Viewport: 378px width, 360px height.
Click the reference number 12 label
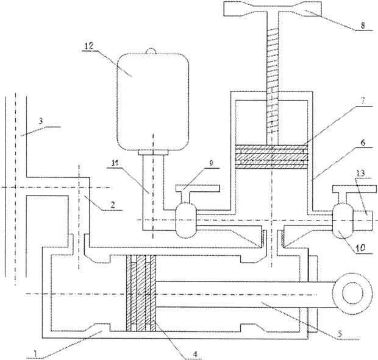(89, 46)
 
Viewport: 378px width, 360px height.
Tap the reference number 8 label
(363, 26)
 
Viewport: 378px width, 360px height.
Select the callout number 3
(41, 121)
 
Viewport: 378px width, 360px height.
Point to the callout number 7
(363, 101)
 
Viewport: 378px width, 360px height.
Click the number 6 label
(363, 143)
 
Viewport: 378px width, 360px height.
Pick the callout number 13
(361, 173)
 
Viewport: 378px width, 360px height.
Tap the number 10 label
(361, 247)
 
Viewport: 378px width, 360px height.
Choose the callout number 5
(340, 334)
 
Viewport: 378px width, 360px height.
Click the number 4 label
(195, 354)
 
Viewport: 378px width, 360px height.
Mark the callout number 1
(36, 353)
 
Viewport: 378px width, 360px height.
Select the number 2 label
(112, 205)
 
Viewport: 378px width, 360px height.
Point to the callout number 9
(211, 163)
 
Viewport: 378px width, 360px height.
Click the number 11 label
(115, 163)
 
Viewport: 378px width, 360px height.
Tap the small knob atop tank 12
(152, 51)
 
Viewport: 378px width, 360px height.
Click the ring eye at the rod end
(352, 293)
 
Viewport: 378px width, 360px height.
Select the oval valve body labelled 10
(343, 221)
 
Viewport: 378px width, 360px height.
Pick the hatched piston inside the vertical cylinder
(272, 157)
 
